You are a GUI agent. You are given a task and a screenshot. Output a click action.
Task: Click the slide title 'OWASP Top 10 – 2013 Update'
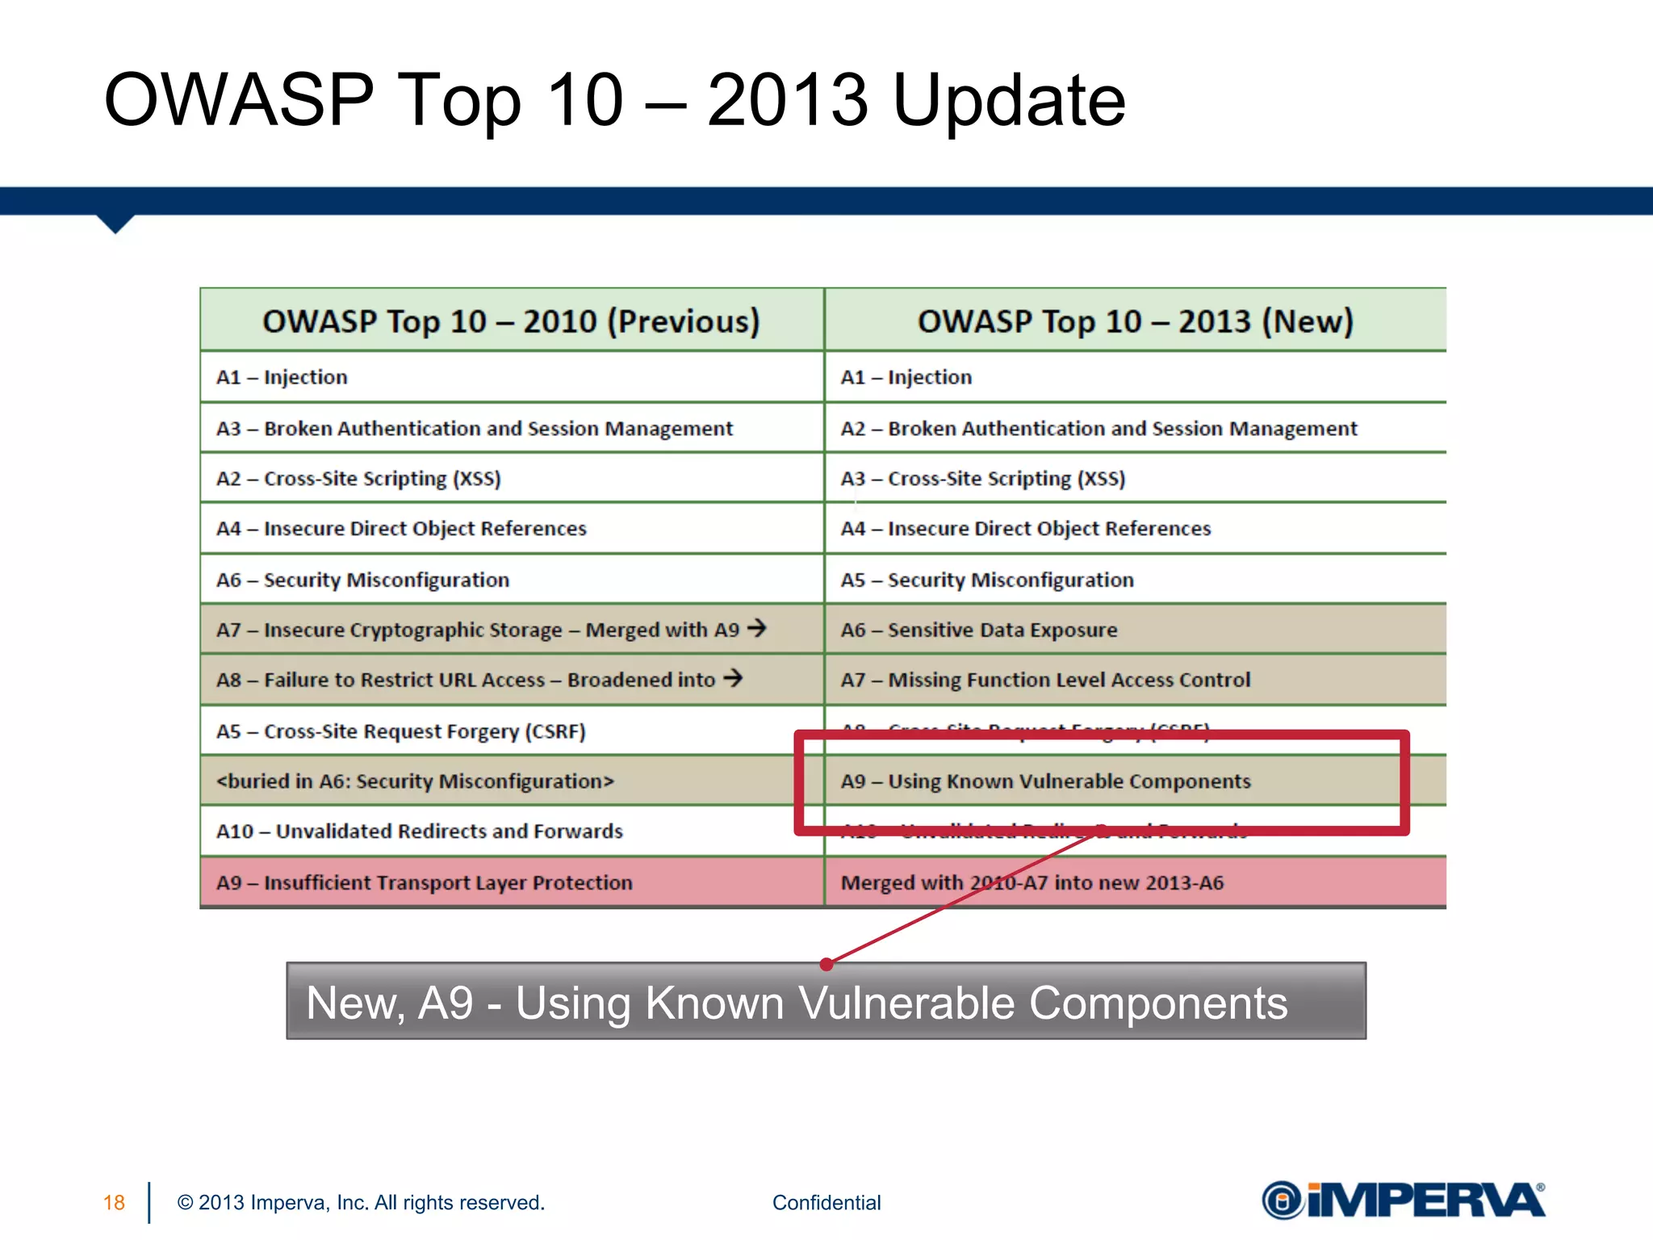click(x=614, y=100)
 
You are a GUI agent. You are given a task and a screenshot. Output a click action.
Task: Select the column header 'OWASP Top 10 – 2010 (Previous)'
click(x=511, y=321)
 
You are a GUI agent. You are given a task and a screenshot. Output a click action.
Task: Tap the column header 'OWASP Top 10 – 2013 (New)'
click(x=1135, y=321)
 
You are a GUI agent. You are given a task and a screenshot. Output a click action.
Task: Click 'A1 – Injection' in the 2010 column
click(x=282, y=377)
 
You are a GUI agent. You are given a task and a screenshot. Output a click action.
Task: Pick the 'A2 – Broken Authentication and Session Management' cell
click(x=1099, y=429)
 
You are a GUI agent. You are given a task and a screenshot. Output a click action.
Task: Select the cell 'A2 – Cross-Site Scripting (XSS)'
click(x=358, y=479)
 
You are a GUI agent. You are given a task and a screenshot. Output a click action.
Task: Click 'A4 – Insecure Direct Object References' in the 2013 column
click(x=1025, y=529)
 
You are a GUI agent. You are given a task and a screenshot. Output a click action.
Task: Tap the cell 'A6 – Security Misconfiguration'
click(x=362, y=580)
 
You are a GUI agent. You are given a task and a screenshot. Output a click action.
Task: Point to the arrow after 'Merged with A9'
click(x=756, y=627)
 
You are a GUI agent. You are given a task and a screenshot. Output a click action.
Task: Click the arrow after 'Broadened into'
click(x=733, y=677)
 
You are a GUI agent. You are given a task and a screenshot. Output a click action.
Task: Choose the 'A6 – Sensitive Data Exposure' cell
click(x=978, y=630)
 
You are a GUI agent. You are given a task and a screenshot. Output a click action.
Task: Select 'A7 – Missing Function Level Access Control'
click(x=1045, y=680)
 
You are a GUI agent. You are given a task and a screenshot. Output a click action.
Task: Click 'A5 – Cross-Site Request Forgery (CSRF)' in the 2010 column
click(x=400, y=731)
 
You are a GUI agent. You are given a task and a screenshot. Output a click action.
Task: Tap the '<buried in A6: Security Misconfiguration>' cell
click(x=415, y=781)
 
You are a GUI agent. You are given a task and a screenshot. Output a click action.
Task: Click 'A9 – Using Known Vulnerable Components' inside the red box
click(x=1045, y=781)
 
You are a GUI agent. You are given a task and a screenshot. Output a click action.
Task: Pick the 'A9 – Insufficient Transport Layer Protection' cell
click(x=424, y=882)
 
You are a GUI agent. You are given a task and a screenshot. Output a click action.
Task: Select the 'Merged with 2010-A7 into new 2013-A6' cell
click(x=1032, y=882)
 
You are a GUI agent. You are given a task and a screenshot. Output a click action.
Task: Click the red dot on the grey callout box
click(x=826, y=964)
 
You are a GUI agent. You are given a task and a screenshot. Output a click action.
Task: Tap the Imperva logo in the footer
click(x=1403, y=1200)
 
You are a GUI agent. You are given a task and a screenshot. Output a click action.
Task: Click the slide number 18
click(x=114, y=1203)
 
